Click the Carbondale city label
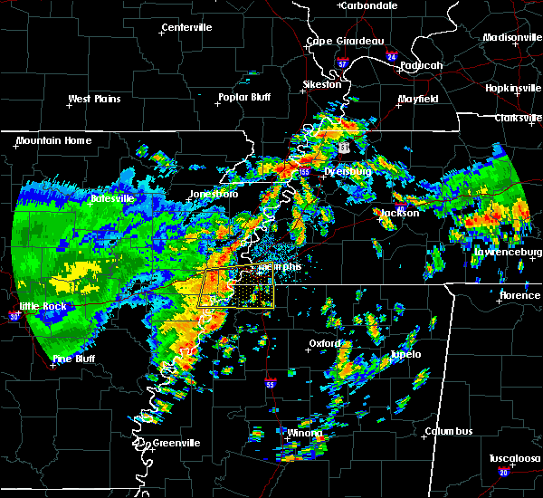pyautogui.click(x=370, y=5)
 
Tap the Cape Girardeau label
pyautogui.click(x=345, y=41)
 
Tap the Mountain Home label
pyautogui.click(x=53, y=140)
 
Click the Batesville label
pyautogui.click(x=112, y=197)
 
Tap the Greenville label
pyautogui.click(x=176, y=443)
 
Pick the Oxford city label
pyautogui.click(x=325, y=344)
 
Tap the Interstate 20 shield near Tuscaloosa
pyautogui.click(x=503, y=473)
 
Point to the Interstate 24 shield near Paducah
pyautogui.click(x=391, y=57)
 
